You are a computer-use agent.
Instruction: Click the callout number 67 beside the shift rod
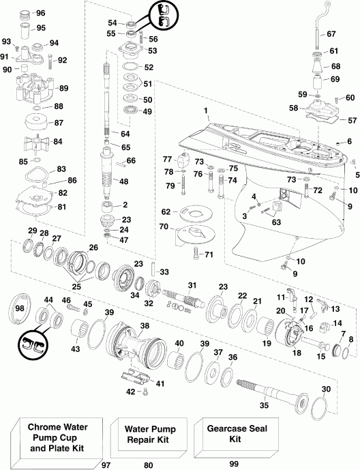click(x=331, y=34)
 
